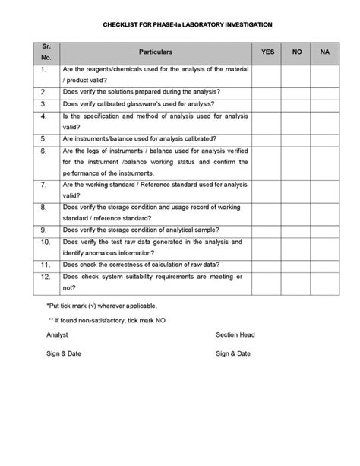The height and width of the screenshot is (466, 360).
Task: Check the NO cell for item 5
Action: tap(297, 139)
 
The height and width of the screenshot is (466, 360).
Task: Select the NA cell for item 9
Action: tap(325, 229)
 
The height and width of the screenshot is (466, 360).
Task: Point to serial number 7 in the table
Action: tap(44, 185)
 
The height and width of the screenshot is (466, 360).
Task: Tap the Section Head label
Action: tap(235, 334)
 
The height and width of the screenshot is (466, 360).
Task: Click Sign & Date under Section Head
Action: tap(233, 353)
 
